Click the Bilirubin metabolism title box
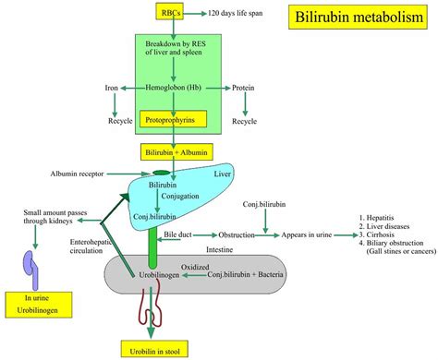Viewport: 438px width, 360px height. pyautogui.click(x=359, y=18)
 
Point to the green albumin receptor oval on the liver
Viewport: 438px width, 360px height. pyautogui.click(x=162, y=173)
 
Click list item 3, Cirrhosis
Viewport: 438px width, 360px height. pyautogui.click(x=382, y=234)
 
